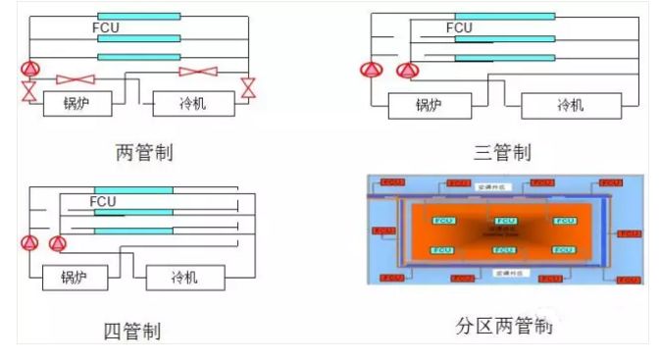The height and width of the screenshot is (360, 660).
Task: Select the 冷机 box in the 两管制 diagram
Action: (192, 103)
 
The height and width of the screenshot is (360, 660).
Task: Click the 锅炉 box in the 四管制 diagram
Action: (73, 278)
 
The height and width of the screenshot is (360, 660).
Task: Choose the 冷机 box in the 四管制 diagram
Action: (185, 278)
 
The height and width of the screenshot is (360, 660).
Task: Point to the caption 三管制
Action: (501, 152)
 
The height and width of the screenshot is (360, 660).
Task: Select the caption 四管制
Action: (131, 331)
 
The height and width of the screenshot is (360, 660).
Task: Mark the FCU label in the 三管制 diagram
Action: (458, 27)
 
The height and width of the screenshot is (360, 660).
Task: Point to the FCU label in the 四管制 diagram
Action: (103, 202)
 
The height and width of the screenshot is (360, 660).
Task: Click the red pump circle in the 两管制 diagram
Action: (29, 69)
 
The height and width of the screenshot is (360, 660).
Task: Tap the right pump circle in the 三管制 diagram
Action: (405, 70)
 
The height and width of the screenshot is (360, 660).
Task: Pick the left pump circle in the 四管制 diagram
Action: (30, 242)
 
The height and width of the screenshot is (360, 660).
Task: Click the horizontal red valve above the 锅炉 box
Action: (76, 78)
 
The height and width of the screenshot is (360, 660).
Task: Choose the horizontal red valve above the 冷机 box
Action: (201, 71)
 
